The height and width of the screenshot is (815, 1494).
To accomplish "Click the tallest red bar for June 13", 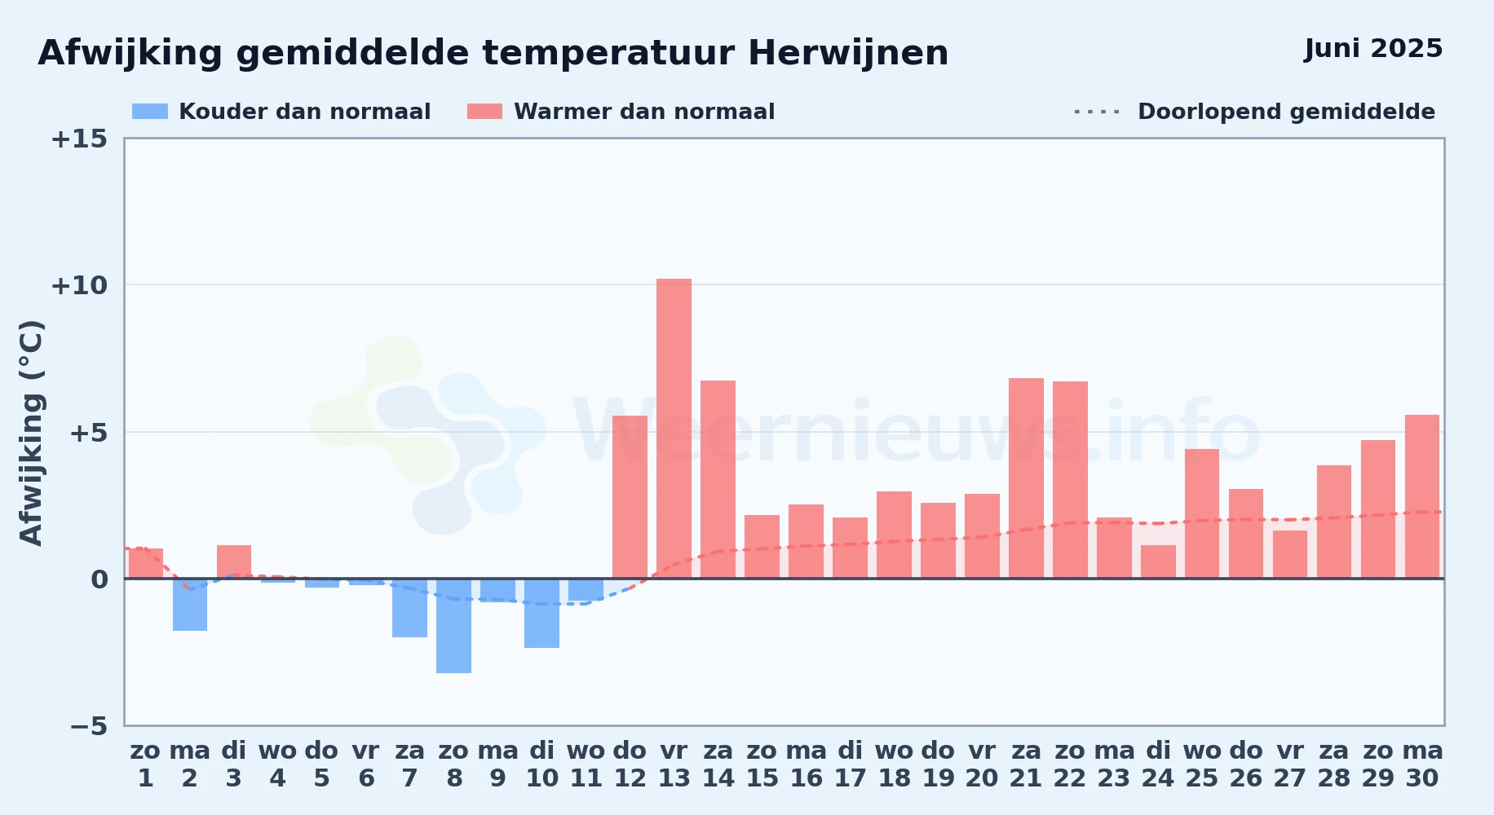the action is pos(674,429).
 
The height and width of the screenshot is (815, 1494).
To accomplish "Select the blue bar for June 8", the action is pos(453,626).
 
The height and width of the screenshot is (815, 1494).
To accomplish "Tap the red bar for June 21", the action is pos(1026,478).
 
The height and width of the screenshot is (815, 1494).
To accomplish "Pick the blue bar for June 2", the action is pos(190,605).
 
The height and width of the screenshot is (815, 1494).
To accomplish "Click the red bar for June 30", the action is pos(1422,497).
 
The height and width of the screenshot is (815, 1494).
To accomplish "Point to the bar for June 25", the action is pos(1202,514).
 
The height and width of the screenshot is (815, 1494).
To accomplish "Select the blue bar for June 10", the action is pos(541,614).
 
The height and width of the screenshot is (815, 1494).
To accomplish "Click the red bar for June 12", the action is pos(630,497).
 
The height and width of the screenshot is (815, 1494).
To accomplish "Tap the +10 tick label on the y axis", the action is pos(79,285).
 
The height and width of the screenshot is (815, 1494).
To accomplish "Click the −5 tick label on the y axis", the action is pos(88,726).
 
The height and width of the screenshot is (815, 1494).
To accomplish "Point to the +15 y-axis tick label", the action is pos(79,139).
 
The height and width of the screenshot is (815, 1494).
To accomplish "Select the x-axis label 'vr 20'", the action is pos(982,764).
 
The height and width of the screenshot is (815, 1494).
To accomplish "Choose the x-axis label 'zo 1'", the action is pos(146,764).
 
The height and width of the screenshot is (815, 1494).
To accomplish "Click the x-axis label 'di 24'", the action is pos(1158,764).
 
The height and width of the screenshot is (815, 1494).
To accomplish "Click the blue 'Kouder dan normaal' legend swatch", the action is pos(150,112).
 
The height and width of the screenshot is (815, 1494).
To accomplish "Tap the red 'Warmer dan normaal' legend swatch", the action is pos(484,112).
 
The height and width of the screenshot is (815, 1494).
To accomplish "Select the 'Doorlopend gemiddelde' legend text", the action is pos(1286,112).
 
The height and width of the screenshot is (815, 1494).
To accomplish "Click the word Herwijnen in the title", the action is pos(848,54).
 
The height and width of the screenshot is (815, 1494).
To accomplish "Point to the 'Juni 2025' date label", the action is pos(1373,49).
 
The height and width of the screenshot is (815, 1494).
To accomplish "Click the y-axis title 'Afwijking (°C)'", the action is pos(31,433).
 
